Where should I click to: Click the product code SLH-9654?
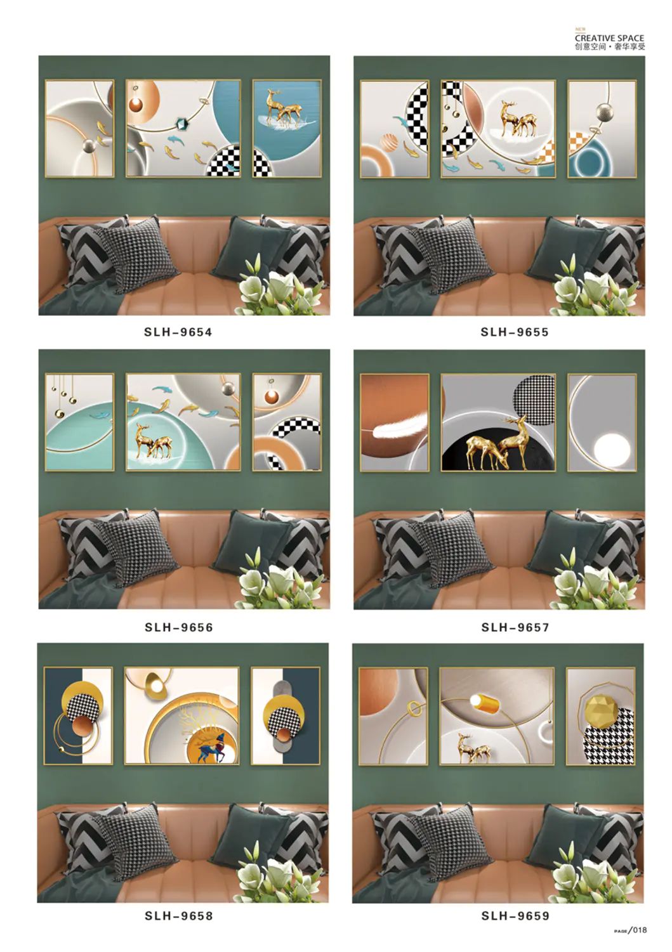pyautogui.click(x=178, y=332)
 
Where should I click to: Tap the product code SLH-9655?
pyautogui.click(x=515, y=332)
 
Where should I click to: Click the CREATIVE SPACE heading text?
pyautogui.click(x=609, y=38)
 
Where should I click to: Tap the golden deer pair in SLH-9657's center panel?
pyautogui.click(x=497, y=445)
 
